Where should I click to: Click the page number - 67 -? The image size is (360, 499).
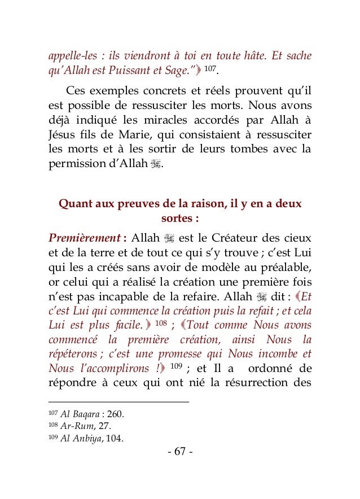pos(180,453)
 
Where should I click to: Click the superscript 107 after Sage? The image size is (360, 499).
pos(209,71)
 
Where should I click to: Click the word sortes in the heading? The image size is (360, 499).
pos(177,218)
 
